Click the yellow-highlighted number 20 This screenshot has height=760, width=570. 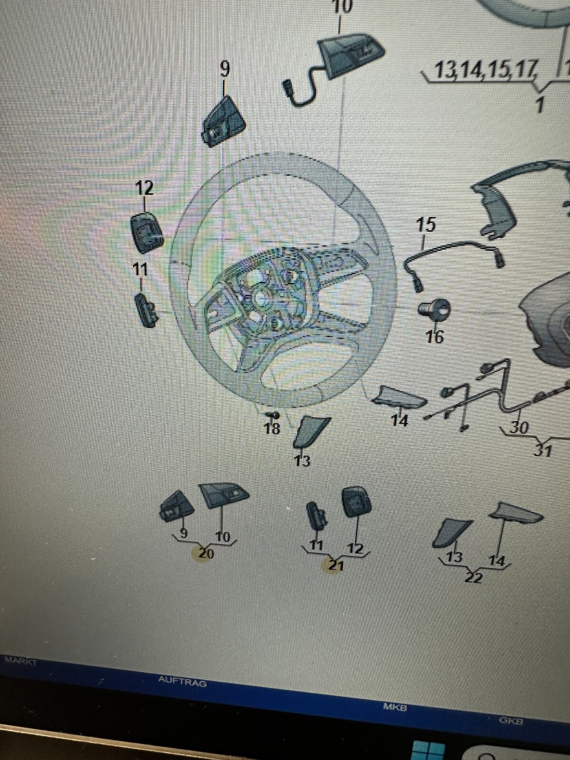point(206,554)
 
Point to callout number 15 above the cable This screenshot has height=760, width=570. point(426,225)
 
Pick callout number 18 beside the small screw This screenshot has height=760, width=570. point(272,428)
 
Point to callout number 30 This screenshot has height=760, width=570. point(518,428)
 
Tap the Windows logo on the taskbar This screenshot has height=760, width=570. point(429,750)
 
